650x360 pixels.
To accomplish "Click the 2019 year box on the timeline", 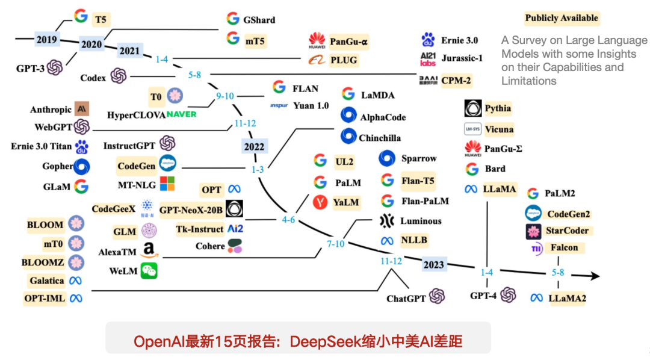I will tap(46, 40).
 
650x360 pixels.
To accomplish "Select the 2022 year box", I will tap(253, 146).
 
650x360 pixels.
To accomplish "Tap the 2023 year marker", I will tap(433, 264).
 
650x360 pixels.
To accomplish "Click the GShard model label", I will tap(259, 20).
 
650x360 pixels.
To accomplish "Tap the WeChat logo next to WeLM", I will tap(149, 272).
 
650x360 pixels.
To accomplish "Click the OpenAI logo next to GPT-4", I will tap(509, 295).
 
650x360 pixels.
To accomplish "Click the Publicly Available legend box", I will tap(562, 18).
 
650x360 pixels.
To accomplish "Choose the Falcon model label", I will tap(563, 247).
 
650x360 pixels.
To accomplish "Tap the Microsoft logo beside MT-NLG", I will tap(167, 184).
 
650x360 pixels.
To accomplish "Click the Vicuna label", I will tap(499, 129).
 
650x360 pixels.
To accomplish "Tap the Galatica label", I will tap(46, 281).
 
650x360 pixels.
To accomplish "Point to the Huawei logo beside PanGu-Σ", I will tap(472, 148).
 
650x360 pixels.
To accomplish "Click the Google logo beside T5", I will tap(81, 16).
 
